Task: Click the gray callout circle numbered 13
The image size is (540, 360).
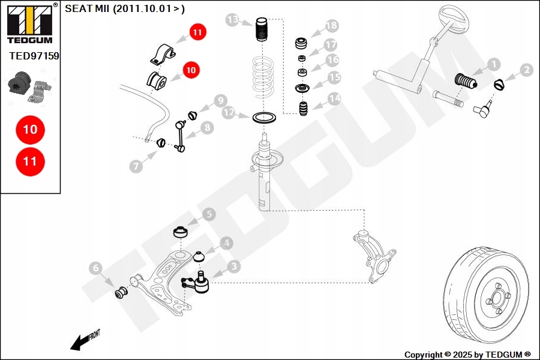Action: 233,20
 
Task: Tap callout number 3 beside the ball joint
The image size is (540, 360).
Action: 233,266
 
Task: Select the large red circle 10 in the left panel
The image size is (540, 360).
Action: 30,129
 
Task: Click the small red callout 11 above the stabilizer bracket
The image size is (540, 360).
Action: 197,32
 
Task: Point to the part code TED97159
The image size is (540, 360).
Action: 34,55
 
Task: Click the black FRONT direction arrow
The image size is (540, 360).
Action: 78,342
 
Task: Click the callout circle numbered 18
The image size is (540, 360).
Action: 331,26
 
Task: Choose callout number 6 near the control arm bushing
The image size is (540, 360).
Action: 96,268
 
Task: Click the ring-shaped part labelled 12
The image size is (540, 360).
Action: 263,117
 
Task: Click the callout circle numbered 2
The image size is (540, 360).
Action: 527,70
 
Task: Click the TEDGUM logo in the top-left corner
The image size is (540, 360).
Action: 29,23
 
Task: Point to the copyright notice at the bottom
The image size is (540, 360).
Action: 467,355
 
